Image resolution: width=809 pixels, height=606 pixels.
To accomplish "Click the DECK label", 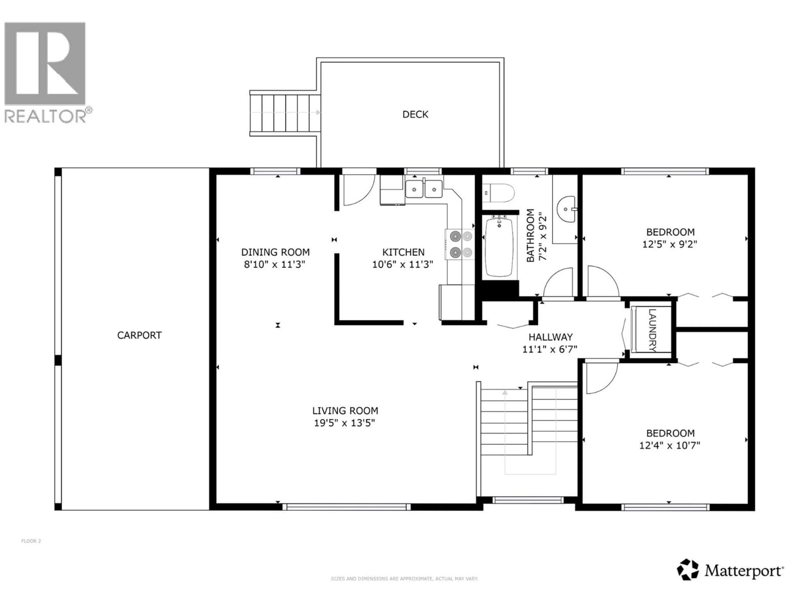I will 415,115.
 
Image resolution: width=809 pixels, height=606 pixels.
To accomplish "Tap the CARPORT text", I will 139,335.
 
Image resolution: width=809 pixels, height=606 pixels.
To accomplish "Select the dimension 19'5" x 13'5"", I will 344,423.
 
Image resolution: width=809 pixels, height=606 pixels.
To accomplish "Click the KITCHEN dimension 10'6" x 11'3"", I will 403,264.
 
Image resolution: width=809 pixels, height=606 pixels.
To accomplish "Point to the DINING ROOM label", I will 275,252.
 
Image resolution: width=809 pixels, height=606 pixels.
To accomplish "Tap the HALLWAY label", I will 550,337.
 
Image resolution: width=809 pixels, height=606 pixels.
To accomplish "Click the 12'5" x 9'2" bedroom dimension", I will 670,244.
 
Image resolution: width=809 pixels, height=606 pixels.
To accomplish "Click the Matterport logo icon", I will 688,569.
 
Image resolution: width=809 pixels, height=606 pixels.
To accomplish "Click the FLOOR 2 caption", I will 31,541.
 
